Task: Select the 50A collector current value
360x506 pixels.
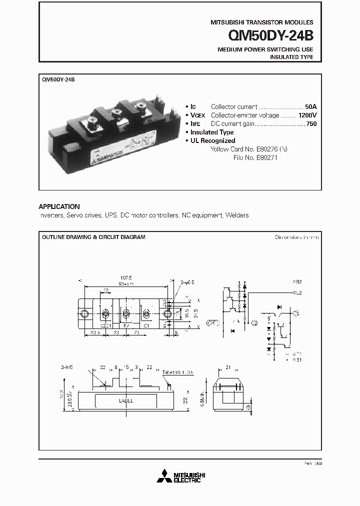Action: pos(310,107)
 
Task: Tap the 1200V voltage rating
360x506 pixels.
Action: pos(307,115)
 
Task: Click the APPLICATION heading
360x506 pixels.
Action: pos(59,206)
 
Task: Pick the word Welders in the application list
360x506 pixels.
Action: pos(236,215)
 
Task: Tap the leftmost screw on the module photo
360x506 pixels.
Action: pos(92,120)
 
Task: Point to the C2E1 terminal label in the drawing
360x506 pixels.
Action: pos(106,324)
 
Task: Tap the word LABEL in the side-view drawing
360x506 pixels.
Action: pos(125,400)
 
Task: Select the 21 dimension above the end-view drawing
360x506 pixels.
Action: pos(228,367)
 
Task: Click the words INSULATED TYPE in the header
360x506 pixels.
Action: pos(291,57)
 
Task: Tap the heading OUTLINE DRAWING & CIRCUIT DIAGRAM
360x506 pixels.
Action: pos(93,237)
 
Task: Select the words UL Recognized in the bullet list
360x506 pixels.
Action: pos(212,140)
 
